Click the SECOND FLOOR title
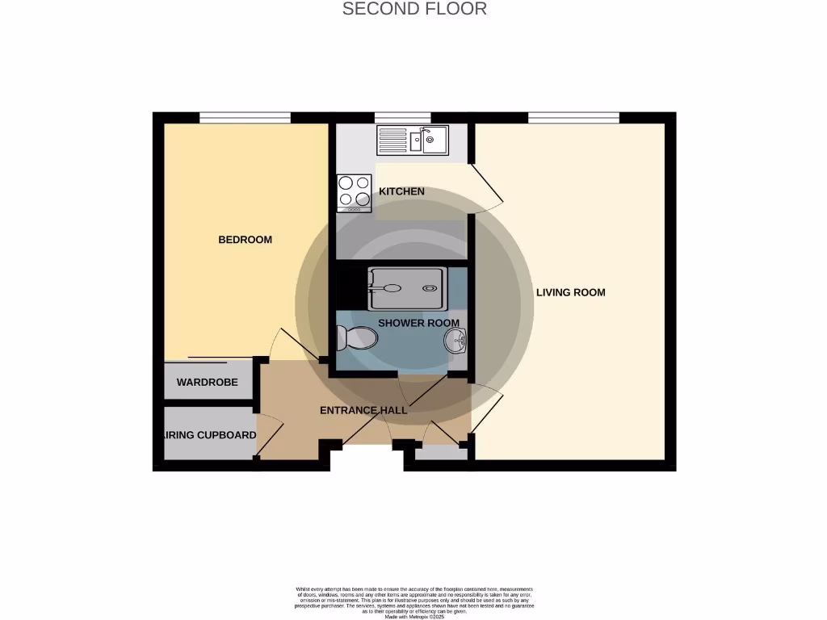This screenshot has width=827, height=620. pos(414,9)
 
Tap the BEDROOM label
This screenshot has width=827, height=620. pos(245,240)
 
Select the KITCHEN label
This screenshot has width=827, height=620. pos(401,192)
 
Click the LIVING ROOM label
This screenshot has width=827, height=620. pos(570,292)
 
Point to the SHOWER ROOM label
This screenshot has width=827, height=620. pos(418,323)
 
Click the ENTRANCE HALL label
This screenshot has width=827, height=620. pos(363,410)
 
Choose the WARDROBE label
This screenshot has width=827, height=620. pos(207,382)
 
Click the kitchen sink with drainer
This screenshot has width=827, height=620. pos(413,140)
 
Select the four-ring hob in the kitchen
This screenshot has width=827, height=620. pos(354,192)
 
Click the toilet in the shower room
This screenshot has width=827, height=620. pos(356,337)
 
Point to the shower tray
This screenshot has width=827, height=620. pos(405,287)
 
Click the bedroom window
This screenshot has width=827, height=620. pos(245,118)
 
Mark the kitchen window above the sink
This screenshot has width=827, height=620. pos(402,118)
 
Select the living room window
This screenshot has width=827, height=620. pos(573,118)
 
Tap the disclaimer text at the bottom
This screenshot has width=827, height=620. pos(413,602)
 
